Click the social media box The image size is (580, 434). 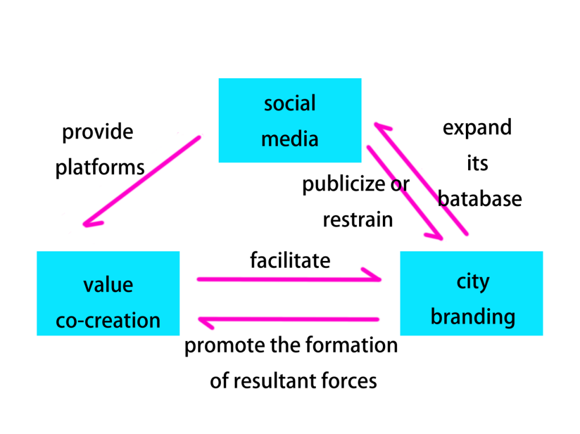(290, 120)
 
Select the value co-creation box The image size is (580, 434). (108, 293)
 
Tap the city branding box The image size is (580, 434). (471, 293)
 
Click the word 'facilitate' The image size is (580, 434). (290, 260)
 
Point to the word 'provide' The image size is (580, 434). (97, 133)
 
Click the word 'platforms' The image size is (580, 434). (100, 168)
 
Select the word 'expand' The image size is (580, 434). (477, 128)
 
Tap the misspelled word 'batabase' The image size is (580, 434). (480, 199)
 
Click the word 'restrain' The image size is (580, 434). (357, 220)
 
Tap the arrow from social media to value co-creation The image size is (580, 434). (142, 180)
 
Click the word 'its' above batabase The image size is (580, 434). (477, 163)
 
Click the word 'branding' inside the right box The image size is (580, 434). (473, 317)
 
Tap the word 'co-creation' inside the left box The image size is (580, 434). (108, 321)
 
